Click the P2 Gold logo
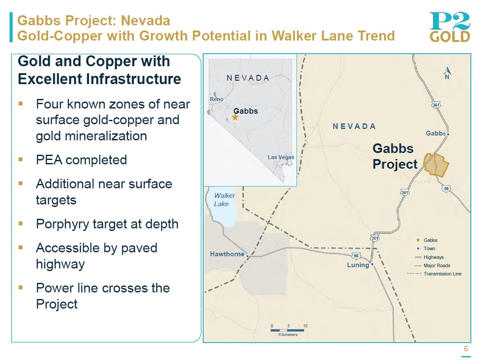(449, 27)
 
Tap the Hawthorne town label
(227, 254)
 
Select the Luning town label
(358, 265)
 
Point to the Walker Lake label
(225, 200)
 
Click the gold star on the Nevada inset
(235, 117)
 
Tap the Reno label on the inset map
(216, 99)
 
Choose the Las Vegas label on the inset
(281, 157)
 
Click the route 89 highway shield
(446, 189)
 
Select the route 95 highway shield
(356, 255)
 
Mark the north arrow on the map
(447, 73)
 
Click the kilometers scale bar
(287, 330)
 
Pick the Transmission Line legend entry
(434, 274)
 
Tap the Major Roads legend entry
(432, 265)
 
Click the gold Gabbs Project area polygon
(436, 165)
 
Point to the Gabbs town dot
(448, 134)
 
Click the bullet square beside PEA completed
(20, 159)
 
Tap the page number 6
(466, 349)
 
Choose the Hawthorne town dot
(247, 256)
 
